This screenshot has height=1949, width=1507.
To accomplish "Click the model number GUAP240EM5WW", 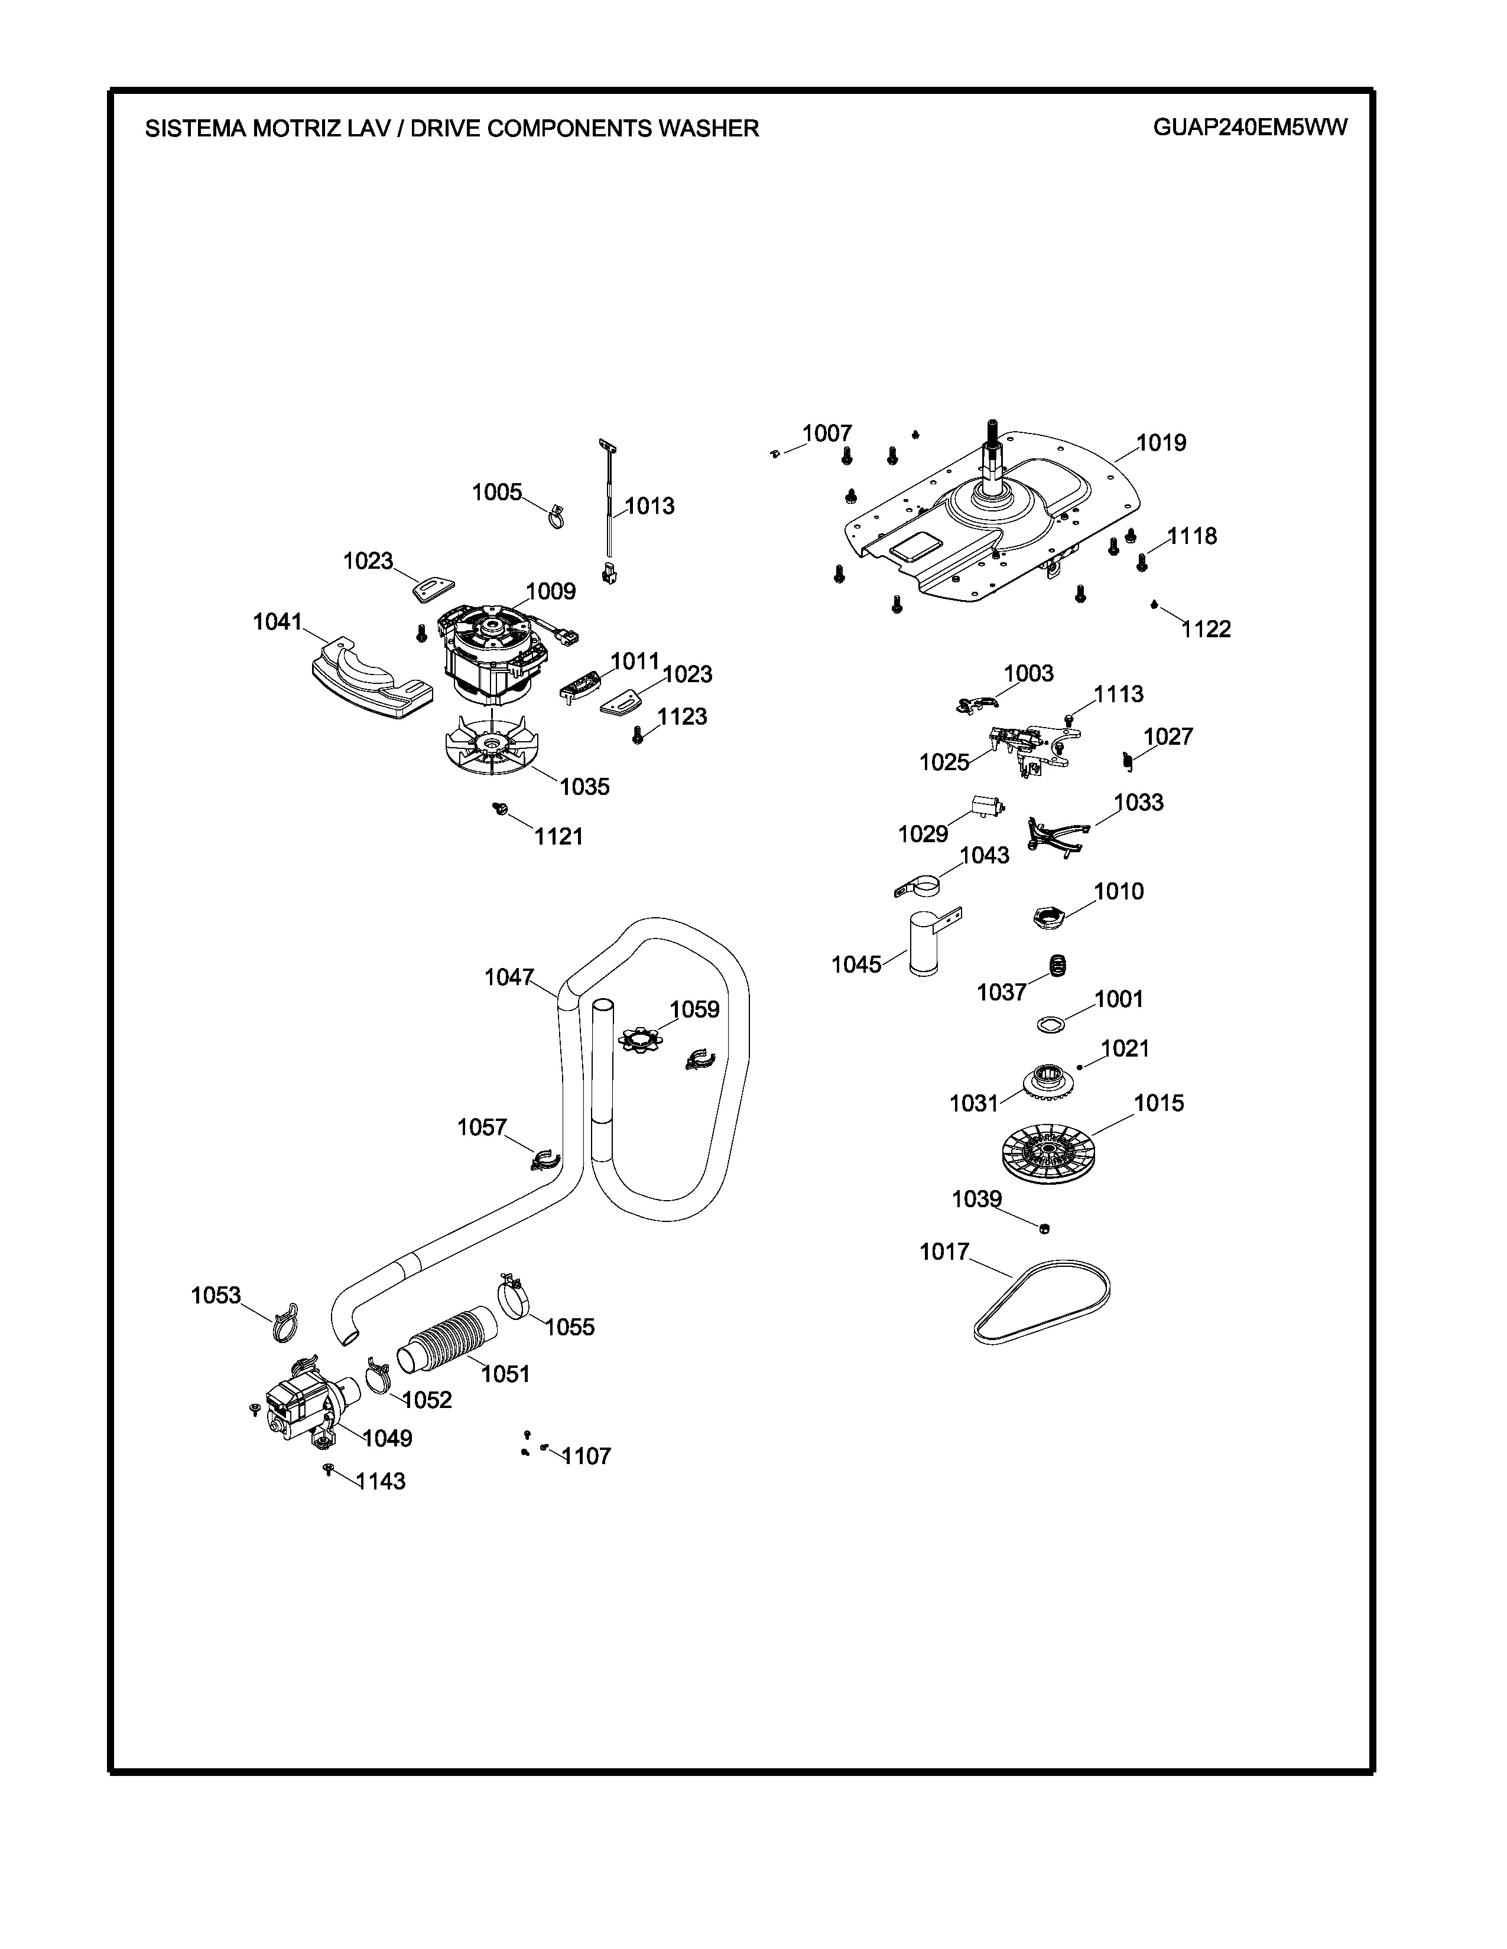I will (1250, 127).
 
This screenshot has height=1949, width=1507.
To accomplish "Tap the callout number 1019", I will (1161, 442).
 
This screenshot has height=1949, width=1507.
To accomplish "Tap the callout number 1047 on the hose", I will (509, 977).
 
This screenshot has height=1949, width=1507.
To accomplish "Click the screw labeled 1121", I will (500, 809).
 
